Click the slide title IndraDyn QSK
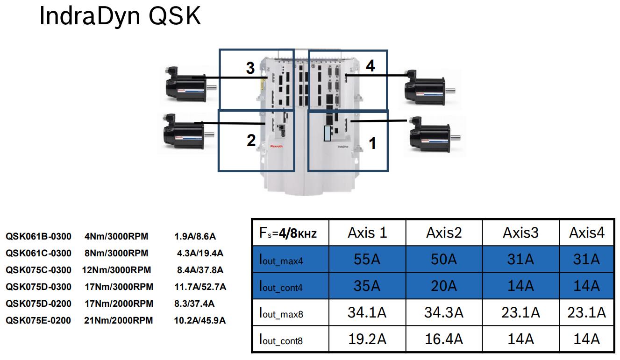click(x=120, y=16)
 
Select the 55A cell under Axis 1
click(x=367, y=259)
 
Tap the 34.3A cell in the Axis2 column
click(x=443, y=312)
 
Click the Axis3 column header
click(x=520, y=233)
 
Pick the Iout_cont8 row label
click(x=281, y=339)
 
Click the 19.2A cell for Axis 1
click(x=367, y=339)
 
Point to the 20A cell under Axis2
click(x=443, y=286)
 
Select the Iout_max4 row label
click(x=281, y=260)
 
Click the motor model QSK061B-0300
click(x=38, y=237)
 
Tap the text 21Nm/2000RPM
click(x=118, y=321)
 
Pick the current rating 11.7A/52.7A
click(x=200, y=287)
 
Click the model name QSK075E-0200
click(x=38, y=321)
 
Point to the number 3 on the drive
click(x=250, y=68)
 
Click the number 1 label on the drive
click(x=372, y=143)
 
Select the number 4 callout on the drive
click(x=370, y=66)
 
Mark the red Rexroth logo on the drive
click(x=276, y=146)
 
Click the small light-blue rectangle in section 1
click(x=328, y=133)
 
